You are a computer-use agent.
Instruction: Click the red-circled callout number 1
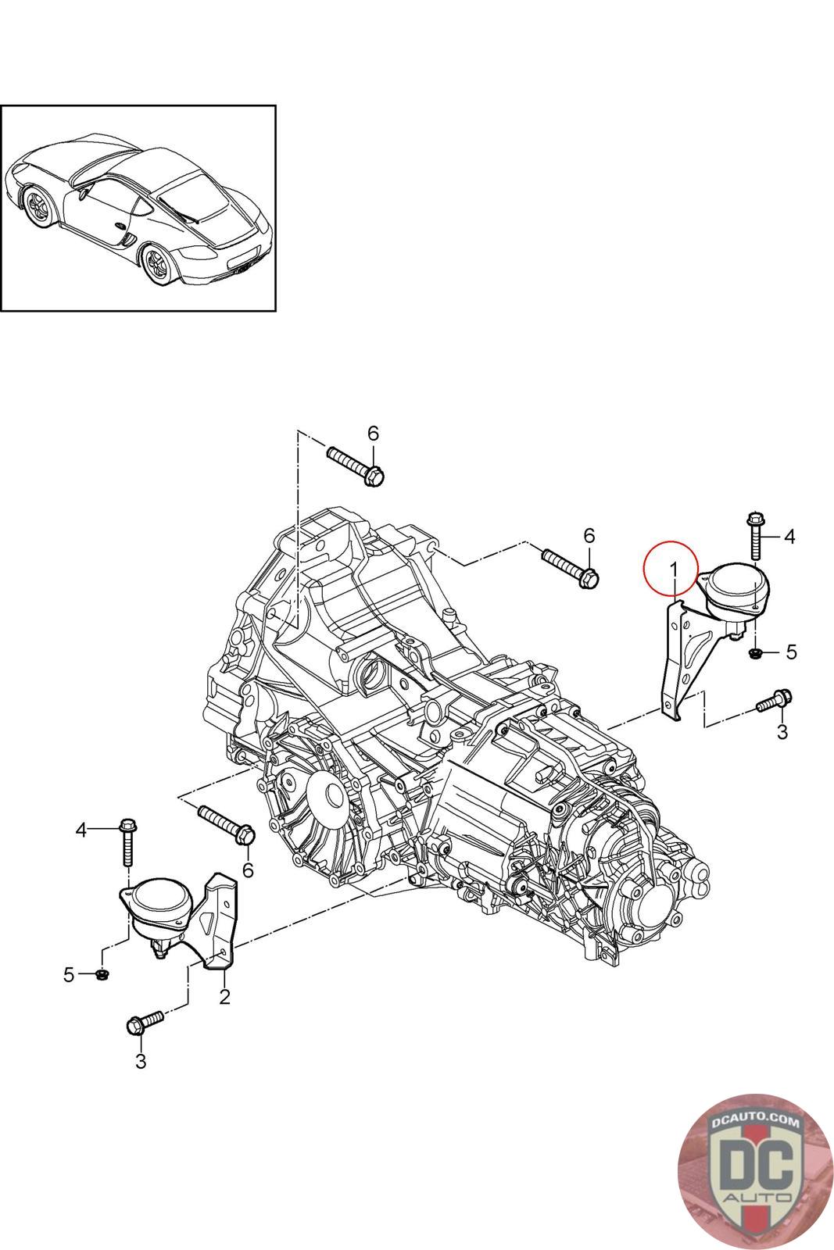pyautogui.click(x=673, y=570)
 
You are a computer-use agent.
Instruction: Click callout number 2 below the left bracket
pyautogui.click(x=224, y=997)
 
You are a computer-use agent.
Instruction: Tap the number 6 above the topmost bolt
pyautogui.click(x=373, y=433)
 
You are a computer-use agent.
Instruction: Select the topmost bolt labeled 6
pyautogui.click(x=355, y=466)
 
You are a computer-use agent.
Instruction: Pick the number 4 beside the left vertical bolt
pyautogui.click(x=81, y=830)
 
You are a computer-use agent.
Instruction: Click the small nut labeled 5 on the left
pyautogui.click(x=102, y=975)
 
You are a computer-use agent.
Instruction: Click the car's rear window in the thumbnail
pyautogui.click(x=193, y=196)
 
